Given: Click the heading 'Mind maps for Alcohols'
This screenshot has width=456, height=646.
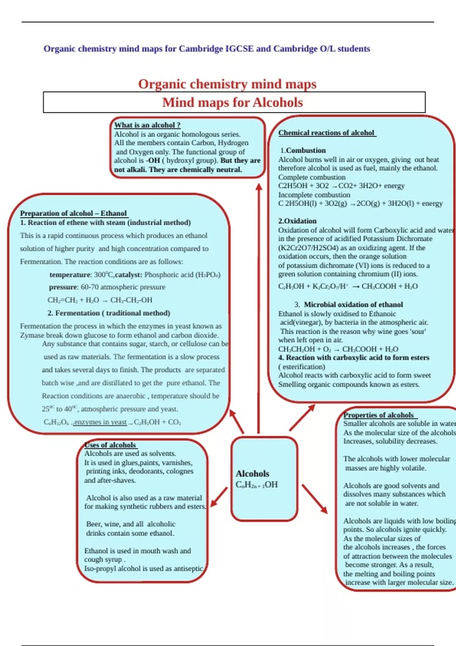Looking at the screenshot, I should tap(232, 103).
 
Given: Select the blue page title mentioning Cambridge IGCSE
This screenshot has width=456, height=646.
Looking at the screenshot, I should tap(207, 49).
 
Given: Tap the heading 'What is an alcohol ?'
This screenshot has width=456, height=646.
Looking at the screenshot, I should tap(147, 125).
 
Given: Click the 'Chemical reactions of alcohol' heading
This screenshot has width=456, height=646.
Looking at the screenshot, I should tap(327, 133).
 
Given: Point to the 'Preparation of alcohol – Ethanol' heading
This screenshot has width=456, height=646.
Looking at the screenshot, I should tap(73, 213).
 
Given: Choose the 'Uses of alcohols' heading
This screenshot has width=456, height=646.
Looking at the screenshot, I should tap(110, 445).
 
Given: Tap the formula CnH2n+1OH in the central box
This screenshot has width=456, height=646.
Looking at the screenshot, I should tap(256, 484).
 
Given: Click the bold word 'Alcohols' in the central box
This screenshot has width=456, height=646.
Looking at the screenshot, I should tap(252, 473).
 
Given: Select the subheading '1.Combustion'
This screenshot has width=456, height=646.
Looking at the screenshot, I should tap(303, 150).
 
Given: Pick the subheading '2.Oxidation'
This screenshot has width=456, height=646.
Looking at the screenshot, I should tap(297, 221).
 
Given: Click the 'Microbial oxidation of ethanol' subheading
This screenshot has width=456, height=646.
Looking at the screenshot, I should tap(353, 304).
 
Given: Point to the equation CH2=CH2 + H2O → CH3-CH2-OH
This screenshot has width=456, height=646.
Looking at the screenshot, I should tap(100, 300).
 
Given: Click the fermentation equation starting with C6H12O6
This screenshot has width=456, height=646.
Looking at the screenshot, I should tap(112, 422).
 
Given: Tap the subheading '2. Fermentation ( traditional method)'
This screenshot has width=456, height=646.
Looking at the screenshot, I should tap(109, 313).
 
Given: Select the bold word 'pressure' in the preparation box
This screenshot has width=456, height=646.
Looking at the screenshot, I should tap(63, 287).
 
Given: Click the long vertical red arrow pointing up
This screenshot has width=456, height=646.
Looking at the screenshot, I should tap(259, 308).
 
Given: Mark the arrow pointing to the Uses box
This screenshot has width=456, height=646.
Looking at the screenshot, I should tap(219, 497).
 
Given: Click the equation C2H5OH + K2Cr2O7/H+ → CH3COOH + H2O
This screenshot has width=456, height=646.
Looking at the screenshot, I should tap(348, 286).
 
